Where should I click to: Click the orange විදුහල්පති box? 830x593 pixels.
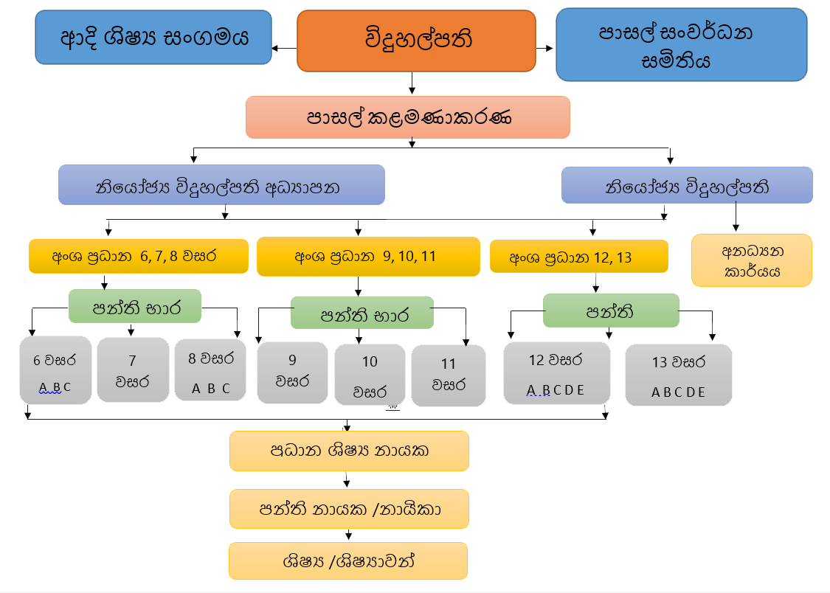click(416, 41)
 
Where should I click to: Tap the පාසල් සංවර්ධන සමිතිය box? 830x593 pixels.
click(681, 46)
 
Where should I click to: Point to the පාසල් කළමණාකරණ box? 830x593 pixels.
click(408, 117)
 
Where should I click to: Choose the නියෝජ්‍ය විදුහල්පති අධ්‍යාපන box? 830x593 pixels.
click(221, 185)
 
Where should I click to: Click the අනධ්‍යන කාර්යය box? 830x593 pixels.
click(751, 260)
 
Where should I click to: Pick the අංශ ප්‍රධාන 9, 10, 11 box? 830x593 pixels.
click(367, 257)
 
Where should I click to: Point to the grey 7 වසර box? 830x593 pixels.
click(133, 370)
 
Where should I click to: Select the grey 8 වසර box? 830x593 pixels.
click(210, 370)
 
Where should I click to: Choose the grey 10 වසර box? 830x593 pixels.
click(370, 375)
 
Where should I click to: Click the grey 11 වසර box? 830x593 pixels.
click(448, 375)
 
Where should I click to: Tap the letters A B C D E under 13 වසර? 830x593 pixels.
click(678, 392)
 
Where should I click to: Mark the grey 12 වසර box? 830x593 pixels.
click(556, 373)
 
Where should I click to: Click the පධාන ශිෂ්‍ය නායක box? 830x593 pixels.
click(349, 451)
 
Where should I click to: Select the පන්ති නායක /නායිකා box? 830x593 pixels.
click(349, 509)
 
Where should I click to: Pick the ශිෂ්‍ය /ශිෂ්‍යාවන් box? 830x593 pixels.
click(348, 561)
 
